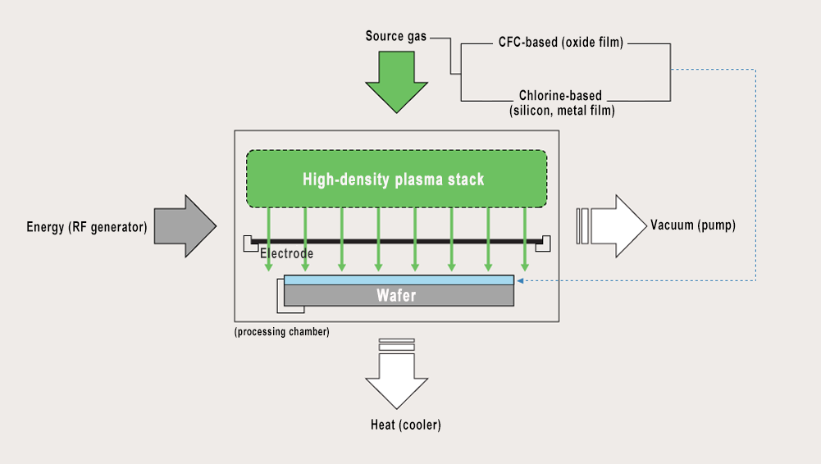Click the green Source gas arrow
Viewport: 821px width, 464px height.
(x=396, y=82)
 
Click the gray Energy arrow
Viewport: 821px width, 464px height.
(x=185, y=226)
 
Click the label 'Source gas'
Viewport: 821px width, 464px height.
(x=396, y=37)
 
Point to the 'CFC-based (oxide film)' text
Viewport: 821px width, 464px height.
(x=560, y=42)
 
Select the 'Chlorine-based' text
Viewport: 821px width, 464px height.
(x=560, y=96)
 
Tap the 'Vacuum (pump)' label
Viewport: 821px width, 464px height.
(x=692, y=225)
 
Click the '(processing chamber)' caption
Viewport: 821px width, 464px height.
(x=281, y=332)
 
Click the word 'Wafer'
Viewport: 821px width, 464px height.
(x=396, y=295)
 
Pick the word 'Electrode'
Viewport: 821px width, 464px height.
(x=286, y=254)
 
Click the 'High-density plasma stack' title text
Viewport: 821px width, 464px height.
(x=393, y=180)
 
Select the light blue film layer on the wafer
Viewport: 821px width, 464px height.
(x=399, y=280)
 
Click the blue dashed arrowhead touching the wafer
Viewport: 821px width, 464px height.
(x=520, y=280)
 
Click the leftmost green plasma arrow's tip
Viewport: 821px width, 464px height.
(x=269, y=269)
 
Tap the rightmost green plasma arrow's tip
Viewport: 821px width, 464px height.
(x=525, y=269)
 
